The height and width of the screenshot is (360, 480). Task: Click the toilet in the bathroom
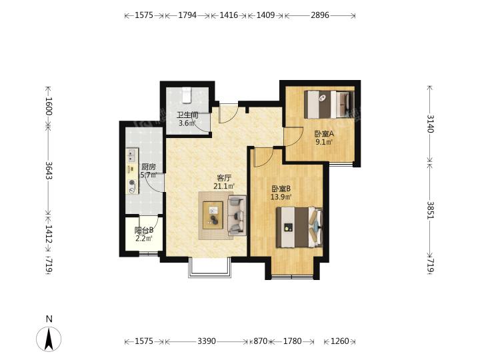coord(187,95)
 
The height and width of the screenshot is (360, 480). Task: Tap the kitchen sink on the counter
coord(132,155)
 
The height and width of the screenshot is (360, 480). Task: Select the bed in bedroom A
coord(329,104)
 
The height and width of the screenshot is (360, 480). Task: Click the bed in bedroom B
coord(299,227)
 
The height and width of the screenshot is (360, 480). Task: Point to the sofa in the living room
coord(237,215)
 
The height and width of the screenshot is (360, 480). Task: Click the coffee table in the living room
coord(213,215)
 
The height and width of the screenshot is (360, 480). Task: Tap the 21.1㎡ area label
coord(224,186)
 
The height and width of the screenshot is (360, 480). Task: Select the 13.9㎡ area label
coord(281,197)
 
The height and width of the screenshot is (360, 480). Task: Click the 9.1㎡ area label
coord(324,142)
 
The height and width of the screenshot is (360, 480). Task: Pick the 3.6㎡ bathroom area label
coord(187,123)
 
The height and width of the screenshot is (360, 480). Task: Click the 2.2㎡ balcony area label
coord(144,239)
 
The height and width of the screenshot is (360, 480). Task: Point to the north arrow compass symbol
coord(49,338)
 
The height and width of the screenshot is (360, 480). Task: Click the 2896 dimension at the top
coord(320,15)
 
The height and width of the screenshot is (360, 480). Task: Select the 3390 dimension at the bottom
coord(207,341)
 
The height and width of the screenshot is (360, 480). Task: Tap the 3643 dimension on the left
coord(49,170)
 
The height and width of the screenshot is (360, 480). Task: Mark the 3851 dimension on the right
coord(430,210)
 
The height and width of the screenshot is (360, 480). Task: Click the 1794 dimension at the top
coord(187,15)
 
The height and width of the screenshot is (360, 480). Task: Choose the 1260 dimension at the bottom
coord(340,341)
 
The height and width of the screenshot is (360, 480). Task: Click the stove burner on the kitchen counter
coord(132,183)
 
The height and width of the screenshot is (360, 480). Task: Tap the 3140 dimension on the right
coord(430,123)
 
